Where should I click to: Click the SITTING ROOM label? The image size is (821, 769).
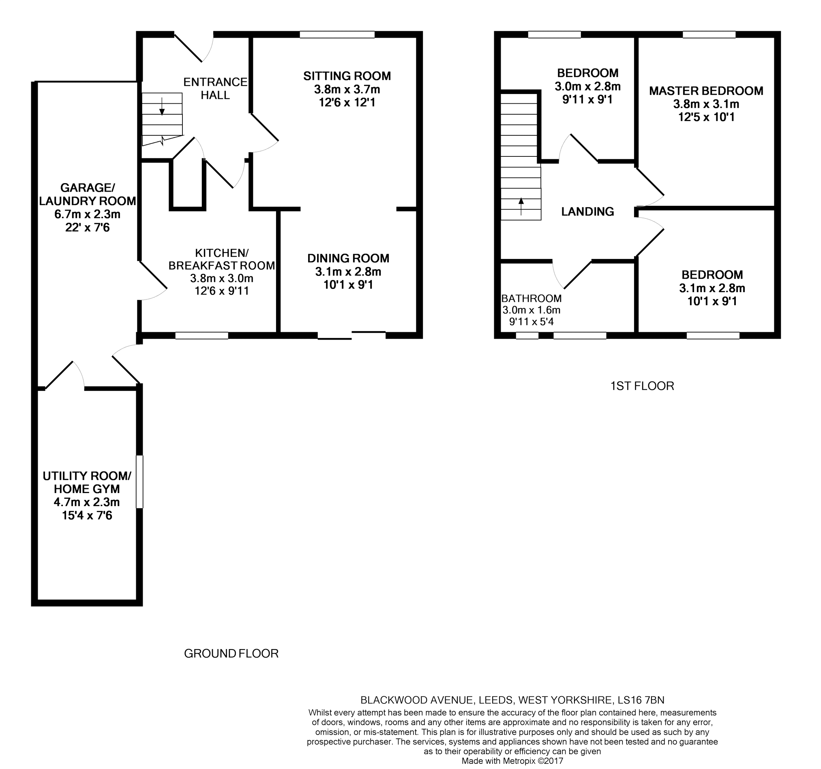[347, 76]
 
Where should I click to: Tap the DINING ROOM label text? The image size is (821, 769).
[348, 258]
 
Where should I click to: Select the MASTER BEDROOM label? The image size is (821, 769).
[706, 91]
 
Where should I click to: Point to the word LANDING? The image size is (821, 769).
[587, 212]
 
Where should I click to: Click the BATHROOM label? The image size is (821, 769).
[532, 299]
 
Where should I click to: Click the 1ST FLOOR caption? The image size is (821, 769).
[642, 386]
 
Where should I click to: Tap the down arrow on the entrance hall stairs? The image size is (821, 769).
[162, 106]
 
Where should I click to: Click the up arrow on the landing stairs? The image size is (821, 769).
[521, 207]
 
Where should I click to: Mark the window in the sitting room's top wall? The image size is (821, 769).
[337, 35]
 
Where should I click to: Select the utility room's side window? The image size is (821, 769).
[139, 481]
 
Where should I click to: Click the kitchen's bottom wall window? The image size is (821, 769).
[202, 335]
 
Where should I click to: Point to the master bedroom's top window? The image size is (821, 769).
[709, 35]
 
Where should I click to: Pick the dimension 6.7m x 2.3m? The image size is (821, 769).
[87, 214]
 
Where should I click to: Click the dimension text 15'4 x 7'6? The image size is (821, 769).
[87, 515]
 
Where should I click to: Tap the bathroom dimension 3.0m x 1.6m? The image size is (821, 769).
[531, 310]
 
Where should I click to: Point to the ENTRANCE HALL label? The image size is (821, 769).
[215, 89]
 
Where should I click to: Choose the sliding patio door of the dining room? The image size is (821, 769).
[352, 335]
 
